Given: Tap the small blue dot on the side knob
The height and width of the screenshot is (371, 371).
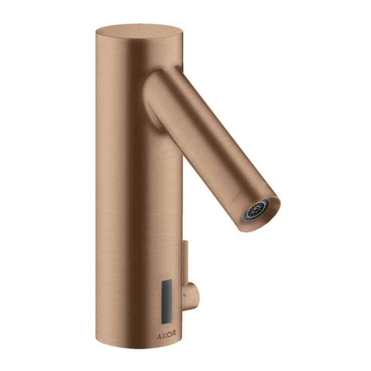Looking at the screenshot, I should pos(184,294).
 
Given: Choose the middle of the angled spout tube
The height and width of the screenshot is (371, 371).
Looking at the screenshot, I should pos(209,139).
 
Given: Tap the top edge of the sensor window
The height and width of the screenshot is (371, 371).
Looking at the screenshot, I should pos(166,280).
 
